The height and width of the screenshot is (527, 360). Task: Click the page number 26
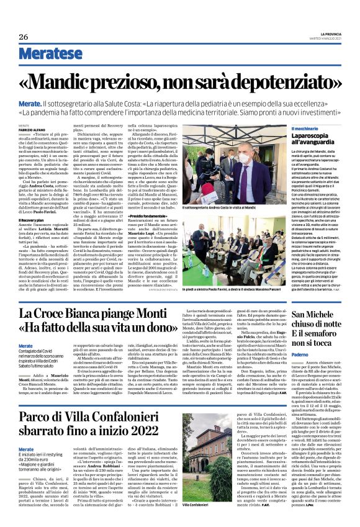[24, 37]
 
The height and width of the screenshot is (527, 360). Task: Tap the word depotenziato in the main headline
[273, 81]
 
